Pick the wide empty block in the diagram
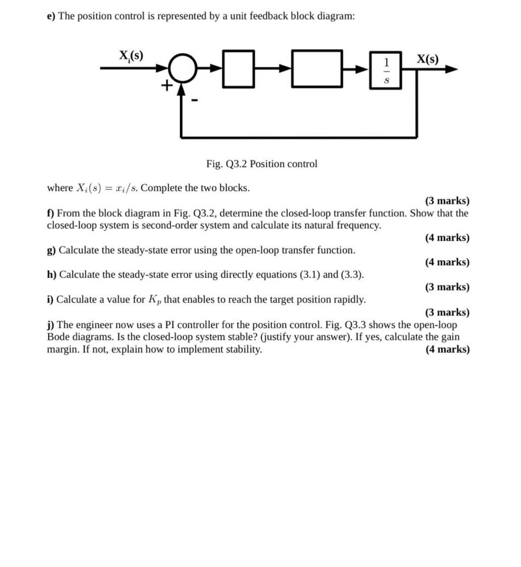coord(317,68)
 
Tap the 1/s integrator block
coord(386,70)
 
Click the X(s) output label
coord(427,59)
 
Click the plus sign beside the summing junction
coord(166,86)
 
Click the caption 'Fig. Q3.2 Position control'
coord(262,164)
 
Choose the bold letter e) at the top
coord(50,16)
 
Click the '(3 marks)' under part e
coord(447,201)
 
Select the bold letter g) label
coord(52,250)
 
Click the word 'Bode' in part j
coord(58,337)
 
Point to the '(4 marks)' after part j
coord(447,349)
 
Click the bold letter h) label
coord(52,275)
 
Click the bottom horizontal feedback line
coord(299,137)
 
